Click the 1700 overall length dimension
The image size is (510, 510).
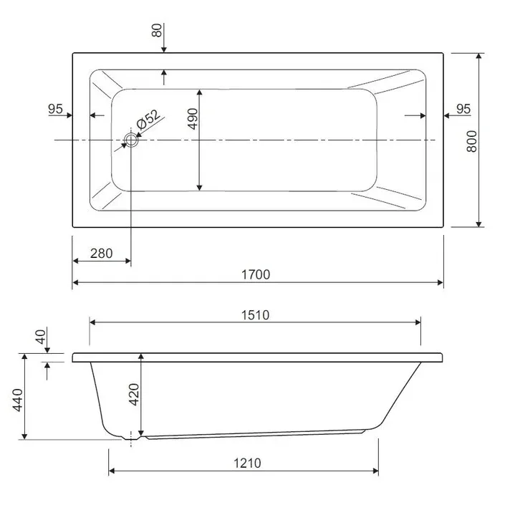[256, 275]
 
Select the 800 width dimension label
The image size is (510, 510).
[471, 141]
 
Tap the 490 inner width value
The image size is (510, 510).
[193, 119]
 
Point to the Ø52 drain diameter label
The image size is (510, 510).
[149, 119]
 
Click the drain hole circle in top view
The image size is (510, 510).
[131, 140]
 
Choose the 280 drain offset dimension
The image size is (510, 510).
[102, 254]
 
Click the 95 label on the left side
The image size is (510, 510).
[55, 109]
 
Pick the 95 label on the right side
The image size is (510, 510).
[463, 109]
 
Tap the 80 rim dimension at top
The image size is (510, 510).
[157, 30]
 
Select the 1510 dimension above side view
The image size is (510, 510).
[255, 315]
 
